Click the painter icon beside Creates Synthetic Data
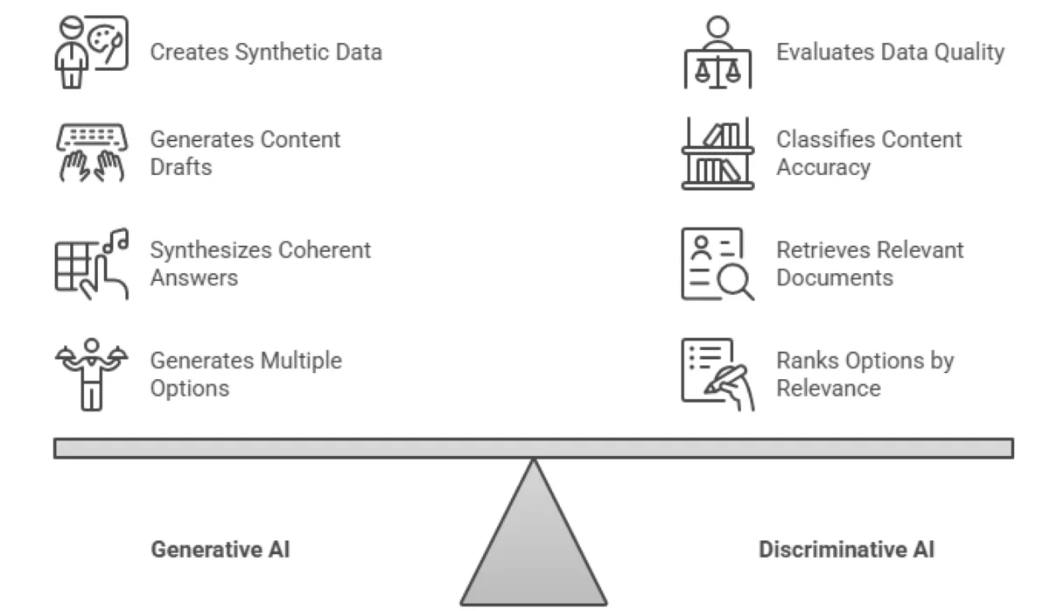90,52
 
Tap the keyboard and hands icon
90,152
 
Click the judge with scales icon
717,52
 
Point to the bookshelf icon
717,152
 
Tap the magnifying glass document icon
717,263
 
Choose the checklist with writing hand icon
717,374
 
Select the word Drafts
181,167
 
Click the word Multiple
299,361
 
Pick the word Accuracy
822,167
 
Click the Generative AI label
220,550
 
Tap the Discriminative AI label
845,550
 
